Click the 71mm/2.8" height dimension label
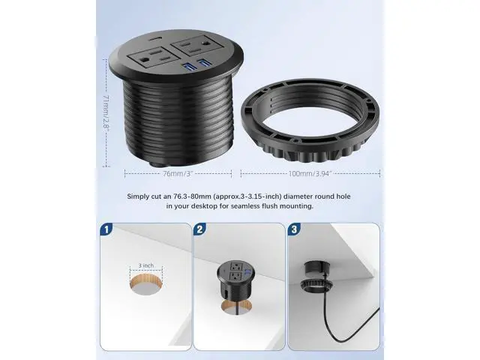106,112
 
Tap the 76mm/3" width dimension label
178,173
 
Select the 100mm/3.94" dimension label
310,173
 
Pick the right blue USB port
204,63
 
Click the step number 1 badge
106,229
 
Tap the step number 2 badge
199,229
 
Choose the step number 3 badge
294,229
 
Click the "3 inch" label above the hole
146,265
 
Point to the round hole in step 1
146,285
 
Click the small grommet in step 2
235,280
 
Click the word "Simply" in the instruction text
138,196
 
